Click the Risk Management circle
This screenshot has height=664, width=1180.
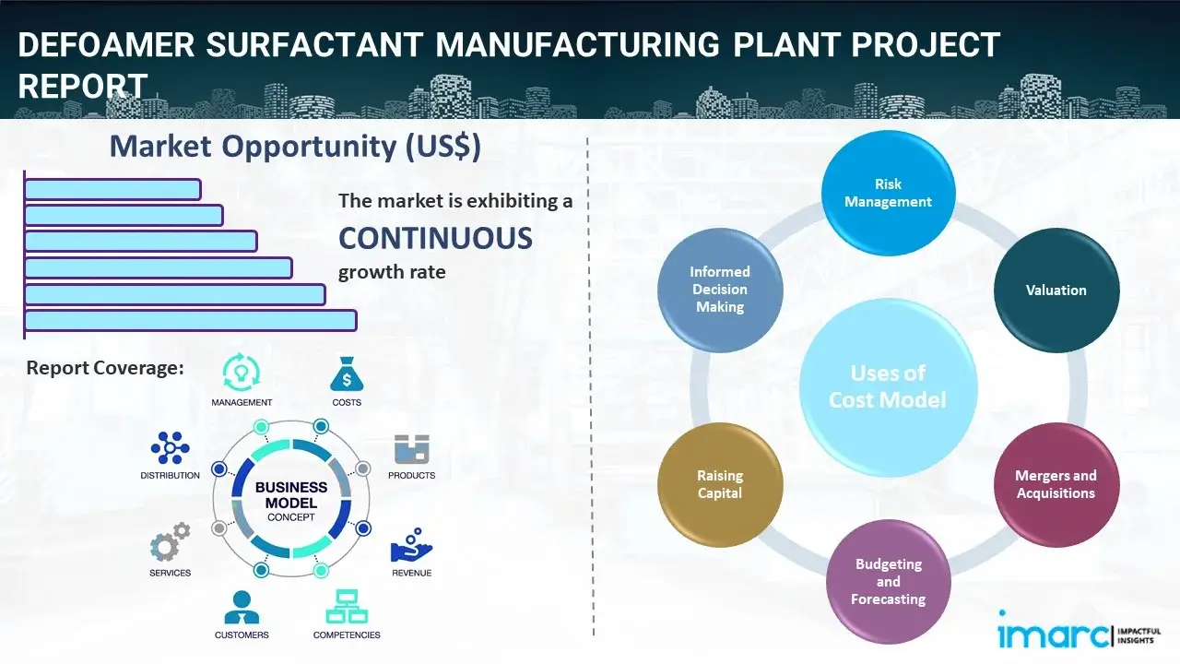tap(888, 193)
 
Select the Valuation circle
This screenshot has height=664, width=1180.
tap(1056, 290)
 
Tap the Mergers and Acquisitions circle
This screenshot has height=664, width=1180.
tap(1056, 484)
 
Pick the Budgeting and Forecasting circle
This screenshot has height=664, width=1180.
tap(888, 581)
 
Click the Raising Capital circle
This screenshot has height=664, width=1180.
tap(720, 484)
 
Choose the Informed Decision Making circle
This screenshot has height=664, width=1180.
tap(720, 290)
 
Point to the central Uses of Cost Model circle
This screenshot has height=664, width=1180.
tap(888, 386)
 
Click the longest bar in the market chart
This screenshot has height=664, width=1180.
tap(190, 320)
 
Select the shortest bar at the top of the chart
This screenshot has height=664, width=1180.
tap(112, 189)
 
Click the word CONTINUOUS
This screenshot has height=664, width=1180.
tap(435, 239)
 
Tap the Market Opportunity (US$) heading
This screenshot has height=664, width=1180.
tap(295, 147)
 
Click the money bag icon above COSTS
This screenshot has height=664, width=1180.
tap(346, 375)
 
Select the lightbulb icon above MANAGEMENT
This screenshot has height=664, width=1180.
tap(242, 373)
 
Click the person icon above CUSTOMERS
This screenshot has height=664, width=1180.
tap(242, 607)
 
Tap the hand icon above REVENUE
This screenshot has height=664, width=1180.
tap(410, 545)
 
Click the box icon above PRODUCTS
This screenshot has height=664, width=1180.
tap(411, 449)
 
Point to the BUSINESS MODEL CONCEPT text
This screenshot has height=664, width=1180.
tap(291, 501)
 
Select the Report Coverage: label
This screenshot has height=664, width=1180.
tap(105, 368)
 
